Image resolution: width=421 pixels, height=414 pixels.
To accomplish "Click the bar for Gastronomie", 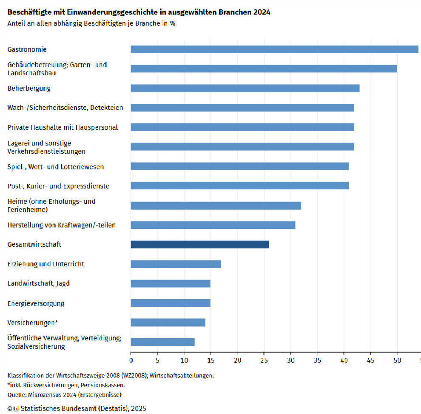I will [x=274, y=49].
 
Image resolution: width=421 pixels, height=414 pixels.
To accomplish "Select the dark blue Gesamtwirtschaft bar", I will [x=199, y=244].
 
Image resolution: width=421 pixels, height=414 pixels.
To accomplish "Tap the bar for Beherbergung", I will [x=245, y=89].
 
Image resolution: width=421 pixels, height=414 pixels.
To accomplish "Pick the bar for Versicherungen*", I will [x=168, y=323].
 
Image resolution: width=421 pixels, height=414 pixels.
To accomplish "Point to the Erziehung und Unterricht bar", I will [x=176, y=264].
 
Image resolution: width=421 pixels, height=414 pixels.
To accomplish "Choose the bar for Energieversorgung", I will [x=170, y=303].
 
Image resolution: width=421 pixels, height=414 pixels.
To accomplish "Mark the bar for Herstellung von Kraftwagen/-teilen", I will [x=213, y=225].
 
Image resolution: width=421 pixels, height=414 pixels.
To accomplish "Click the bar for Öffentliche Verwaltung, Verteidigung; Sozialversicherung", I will [x=162, y=342].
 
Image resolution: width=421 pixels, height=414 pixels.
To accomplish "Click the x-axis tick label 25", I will [x=264, y=360].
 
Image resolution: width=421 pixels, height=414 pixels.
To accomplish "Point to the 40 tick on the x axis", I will [x=344, y=360].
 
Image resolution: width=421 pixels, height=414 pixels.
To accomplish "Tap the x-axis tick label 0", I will [x=131, y=360].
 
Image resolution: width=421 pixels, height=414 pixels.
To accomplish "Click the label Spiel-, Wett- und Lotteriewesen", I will [x=56, y=167].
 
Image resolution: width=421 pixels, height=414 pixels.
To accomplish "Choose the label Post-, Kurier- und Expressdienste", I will [x=58, y=186].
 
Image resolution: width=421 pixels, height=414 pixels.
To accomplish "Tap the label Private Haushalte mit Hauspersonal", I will [x=63, y=127].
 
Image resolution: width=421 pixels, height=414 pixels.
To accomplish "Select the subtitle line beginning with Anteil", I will [x=91, y=23].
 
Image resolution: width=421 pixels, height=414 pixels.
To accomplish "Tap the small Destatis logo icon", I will [x=16, y=408].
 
